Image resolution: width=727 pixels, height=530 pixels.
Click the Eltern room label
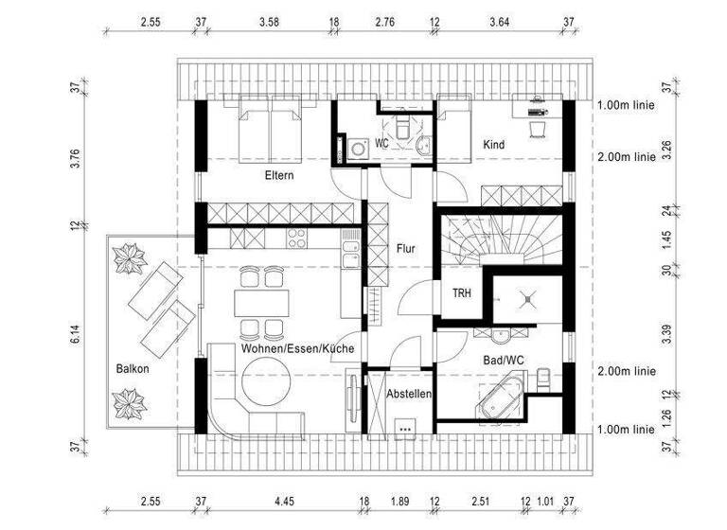pos(278,175)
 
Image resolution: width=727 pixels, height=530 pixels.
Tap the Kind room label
pos(493,145)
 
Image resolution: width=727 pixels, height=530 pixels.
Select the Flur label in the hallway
pos(406,249)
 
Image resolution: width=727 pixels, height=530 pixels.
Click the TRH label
pos(461,293)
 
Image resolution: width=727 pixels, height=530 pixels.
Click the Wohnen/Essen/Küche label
pos(297,349)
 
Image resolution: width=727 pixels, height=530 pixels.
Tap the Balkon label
pos(133,368)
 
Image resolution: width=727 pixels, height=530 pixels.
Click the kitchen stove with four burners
pos(296,238)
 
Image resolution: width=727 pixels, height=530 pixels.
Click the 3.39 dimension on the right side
pos(667,331)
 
